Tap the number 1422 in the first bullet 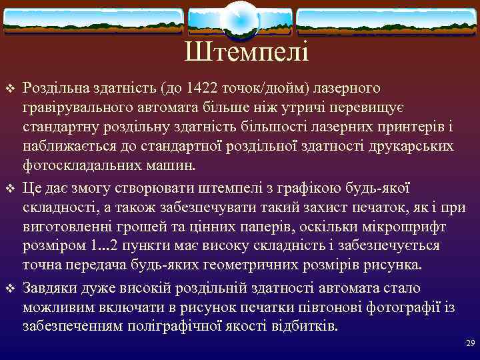coord(204,88)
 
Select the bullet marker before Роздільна coord(9,89)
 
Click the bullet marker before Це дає coord(9,189)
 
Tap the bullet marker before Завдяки coord(9,289)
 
